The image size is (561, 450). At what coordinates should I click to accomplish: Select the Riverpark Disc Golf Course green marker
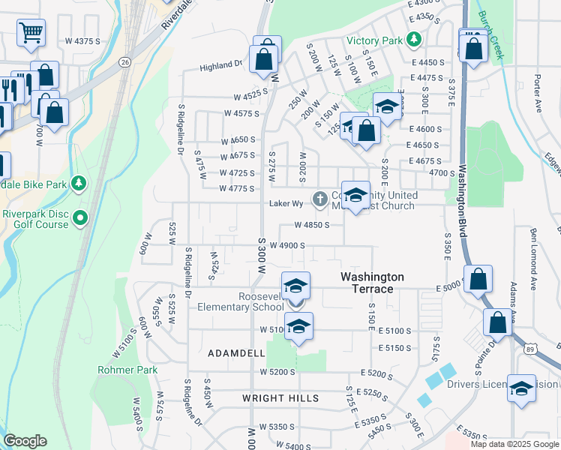click(81, 218)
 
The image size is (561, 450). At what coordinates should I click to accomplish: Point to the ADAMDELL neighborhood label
click(236, 352)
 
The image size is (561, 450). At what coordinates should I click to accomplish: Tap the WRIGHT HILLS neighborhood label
click(280, 398)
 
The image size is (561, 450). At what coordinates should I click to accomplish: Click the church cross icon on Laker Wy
click(320, 199)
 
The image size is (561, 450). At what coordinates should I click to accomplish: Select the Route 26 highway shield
click(124, 61)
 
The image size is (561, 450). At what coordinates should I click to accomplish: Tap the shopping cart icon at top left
click(31, 31)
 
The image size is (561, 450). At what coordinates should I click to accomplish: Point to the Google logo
click(25, 440)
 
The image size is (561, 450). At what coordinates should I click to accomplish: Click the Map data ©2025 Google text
click(514, 444)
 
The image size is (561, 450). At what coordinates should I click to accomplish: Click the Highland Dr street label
click(221, 67)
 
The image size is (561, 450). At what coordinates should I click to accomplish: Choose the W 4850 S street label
click(312, 225)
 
